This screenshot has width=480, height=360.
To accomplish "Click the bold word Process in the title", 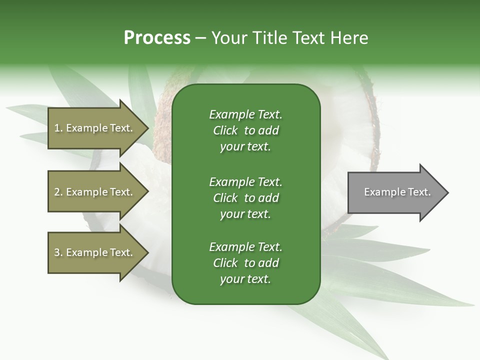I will [x=157, y=38].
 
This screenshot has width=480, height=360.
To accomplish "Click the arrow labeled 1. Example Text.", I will [x=95, y=128].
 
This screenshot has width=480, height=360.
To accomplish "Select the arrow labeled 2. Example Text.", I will [x=95, y=192].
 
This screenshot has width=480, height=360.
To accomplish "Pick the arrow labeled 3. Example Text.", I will [x=95, y=252].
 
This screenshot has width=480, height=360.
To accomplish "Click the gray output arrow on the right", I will [x=395, y=192].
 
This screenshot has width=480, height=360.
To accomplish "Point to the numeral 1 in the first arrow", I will [x=57, y=128].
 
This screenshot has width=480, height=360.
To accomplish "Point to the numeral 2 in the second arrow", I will [x=57, y=192].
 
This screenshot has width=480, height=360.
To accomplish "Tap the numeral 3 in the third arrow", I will [x=57, y=252].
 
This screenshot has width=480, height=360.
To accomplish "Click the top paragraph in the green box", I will [x=245, y=130].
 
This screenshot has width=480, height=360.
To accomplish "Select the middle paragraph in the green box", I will [x=245, y=198].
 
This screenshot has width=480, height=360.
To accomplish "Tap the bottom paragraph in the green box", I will [x=245, y=263].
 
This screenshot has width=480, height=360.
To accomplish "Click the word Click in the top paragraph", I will [x=225, y=130].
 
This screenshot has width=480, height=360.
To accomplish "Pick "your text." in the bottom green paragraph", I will [x=245, y=279].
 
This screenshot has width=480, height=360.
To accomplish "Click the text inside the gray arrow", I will [x=397, y=192].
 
